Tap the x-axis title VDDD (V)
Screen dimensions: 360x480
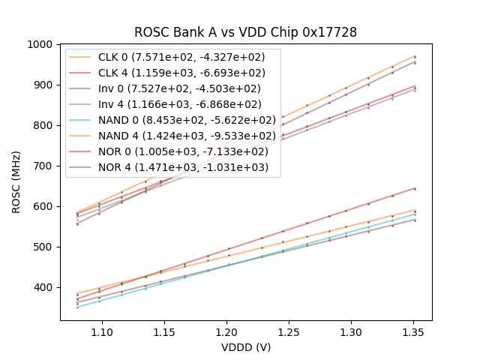click(245, 347)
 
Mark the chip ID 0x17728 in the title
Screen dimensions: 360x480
click(327, 32)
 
